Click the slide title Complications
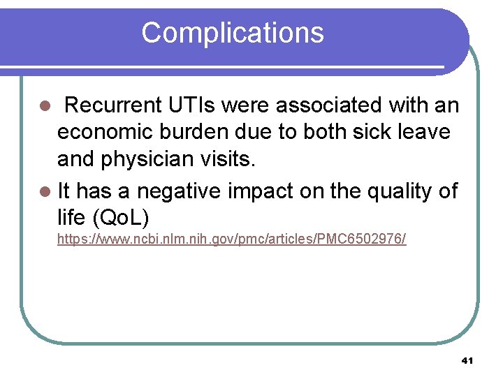pyautogui.click(x=233, y=33)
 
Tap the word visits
pyautogui.click(x=231, y=160)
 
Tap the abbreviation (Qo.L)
pyautogui.click(x=121, y=217)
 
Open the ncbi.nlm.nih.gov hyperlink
pyautogui.click(x=231, y=239)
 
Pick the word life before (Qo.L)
pyautogui.click(x=72, y=217)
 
